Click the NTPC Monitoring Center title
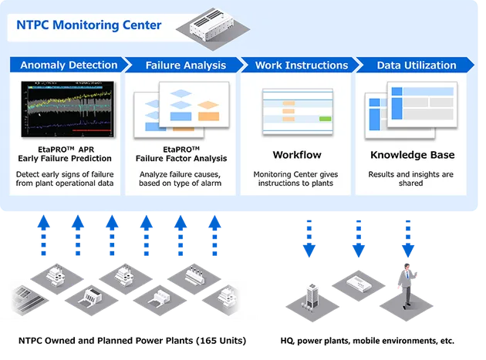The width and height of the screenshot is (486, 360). pos(89,25)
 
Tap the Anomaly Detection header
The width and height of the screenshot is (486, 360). pos(69,65)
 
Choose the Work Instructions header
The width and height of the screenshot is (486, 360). pos(301,65)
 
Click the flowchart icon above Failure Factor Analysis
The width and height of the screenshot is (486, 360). pos(184,108)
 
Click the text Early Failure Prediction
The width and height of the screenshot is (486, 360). pos(69,159)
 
